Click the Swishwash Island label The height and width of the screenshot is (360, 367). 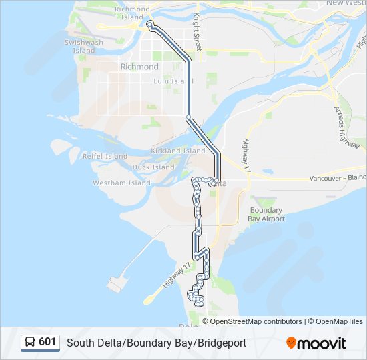click(81, 46)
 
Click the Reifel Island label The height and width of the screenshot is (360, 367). click(105, 156)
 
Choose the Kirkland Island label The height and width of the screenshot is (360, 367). click(178, 151)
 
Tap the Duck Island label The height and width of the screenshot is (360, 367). click(153, 167)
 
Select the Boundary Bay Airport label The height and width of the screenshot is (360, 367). click(267, 214)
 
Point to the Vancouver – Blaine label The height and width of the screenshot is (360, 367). click(338, 179)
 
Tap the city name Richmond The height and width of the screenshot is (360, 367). click(139, 67)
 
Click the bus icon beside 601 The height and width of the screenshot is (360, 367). click(30, 343)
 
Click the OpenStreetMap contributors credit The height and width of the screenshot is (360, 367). click(256, 321)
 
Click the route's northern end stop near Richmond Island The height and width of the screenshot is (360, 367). click(149, 24)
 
